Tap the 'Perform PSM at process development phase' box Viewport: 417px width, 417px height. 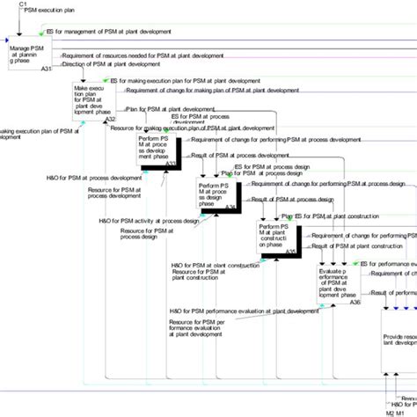pyautogui.click(x=157, y=146)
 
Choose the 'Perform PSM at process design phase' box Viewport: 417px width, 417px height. pyautogui.click(x=216, y=194)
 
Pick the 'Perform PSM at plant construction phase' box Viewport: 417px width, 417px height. pyautogui.click(x=276, y=235)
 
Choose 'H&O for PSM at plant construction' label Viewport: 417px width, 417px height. pyautogui.click(x=208, y=266)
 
